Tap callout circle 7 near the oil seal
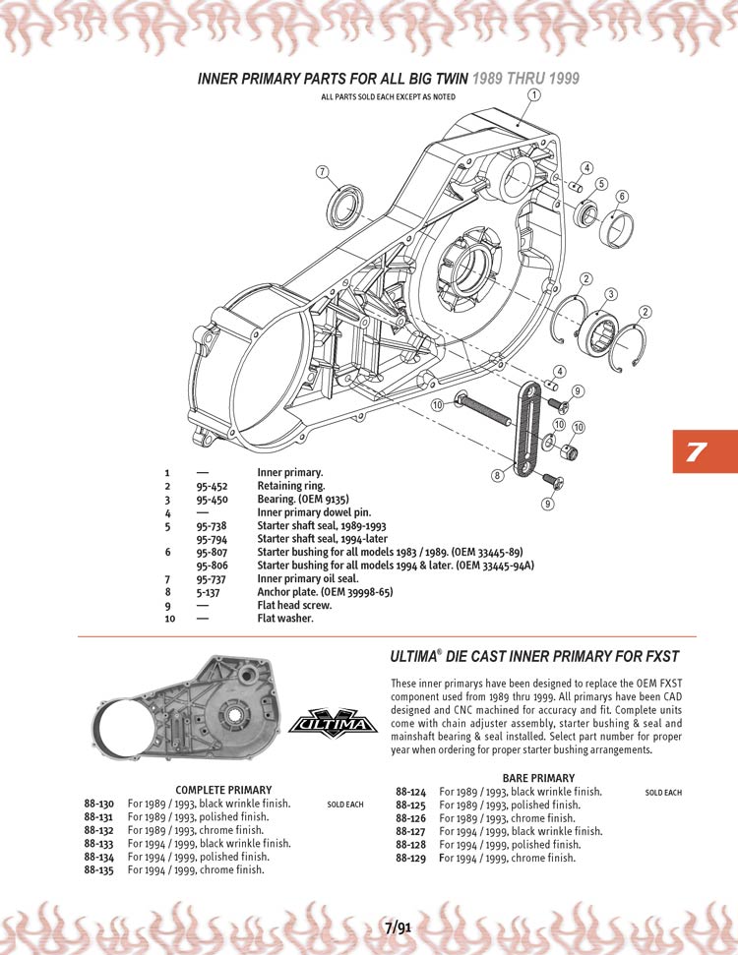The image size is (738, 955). point(321,173)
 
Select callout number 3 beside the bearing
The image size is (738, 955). point(610,294)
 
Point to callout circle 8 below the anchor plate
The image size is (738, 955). point(498,474)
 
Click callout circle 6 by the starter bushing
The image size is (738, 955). point(622,196)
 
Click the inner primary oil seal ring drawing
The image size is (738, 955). point(343,206)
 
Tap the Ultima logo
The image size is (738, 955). point(333,724)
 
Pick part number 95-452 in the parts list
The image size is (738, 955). point(211,486)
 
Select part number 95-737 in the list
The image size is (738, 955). point(211,579)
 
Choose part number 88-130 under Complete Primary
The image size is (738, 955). point(100,804)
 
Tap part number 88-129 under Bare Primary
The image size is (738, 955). point(410,858)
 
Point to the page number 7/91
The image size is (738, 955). point(399,925)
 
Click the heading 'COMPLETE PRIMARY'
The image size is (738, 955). point(223,790)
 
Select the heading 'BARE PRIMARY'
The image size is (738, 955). point(538,778)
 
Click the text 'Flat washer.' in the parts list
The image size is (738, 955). point(285,619)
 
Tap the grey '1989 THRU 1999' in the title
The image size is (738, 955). point(526,78)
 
